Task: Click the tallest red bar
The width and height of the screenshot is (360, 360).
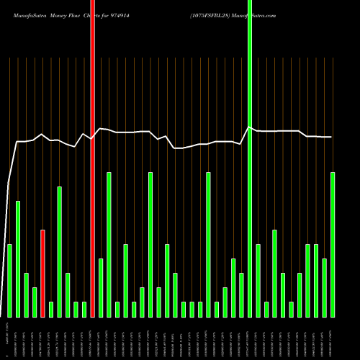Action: point(92,158)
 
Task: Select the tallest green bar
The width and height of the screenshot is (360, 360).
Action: point(250,158)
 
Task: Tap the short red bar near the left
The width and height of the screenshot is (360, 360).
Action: point(42,274)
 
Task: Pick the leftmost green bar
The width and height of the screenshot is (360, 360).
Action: point(9,281)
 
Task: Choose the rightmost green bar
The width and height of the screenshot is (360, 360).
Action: point(333,245)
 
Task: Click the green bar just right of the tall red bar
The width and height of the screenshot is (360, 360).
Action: point(101,288)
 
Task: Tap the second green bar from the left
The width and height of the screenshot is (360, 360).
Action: point(18,259)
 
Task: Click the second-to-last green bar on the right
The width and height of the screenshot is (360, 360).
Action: point(325,288)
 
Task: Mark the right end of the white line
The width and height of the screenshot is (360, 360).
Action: point(331,137)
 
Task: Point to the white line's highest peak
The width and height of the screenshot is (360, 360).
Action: point(249,127)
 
